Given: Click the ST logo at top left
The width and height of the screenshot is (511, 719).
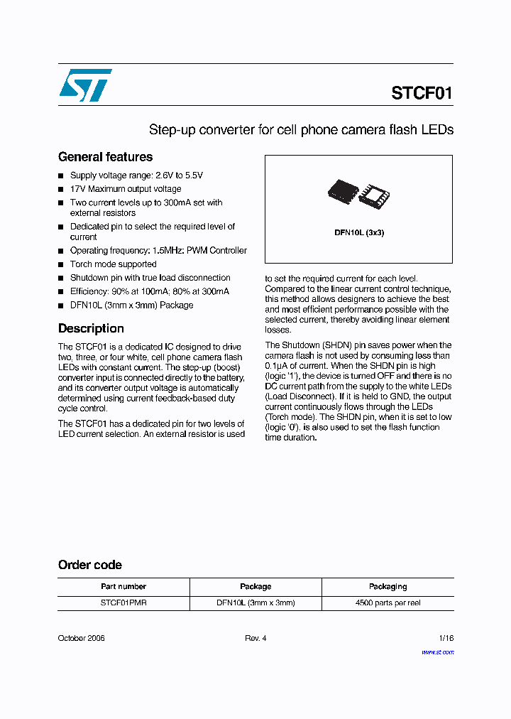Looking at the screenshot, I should tap(85, 85).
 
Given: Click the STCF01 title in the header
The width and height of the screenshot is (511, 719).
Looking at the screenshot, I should tap(421, 94).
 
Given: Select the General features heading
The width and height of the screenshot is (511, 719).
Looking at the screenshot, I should tap(105, 157).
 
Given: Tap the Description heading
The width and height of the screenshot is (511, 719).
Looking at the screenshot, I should tap(91, 328).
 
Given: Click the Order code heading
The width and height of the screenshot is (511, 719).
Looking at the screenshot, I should tap(89, 565).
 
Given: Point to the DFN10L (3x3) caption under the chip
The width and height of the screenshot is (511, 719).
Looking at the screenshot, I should tap(359, 232).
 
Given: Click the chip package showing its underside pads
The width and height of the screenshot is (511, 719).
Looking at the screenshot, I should tap(375, 194).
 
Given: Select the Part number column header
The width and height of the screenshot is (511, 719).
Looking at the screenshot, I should tap(123, 587).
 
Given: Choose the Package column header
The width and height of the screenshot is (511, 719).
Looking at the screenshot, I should tap(255, 587).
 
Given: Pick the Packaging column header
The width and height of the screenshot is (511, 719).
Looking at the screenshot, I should tap(388, 587).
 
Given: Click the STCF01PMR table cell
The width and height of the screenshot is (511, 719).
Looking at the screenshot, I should tap(123, 602).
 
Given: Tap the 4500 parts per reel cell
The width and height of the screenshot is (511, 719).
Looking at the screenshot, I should tap(388, 602).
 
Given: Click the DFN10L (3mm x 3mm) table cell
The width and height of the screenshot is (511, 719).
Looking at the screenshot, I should tap(255, 602).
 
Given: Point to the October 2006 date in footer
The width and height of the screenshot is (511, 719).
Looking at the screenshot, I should tap(81, 638).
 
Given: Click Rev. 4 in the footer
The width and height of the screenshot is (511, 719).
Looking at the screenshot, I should tap(255, 638).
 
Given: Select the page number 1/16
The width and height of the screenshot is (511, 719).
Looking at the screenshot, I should tap(446, 638).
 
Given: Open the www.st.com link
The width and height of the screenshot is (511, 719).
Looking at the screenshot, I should tap(437, 652).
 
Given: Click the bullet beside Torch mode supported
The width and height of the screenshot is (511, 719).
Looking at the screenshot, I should tap(61, 265).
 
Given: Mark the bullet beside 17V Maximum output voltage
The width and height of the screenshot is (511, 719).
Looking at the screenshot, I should tap(61, 190).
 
